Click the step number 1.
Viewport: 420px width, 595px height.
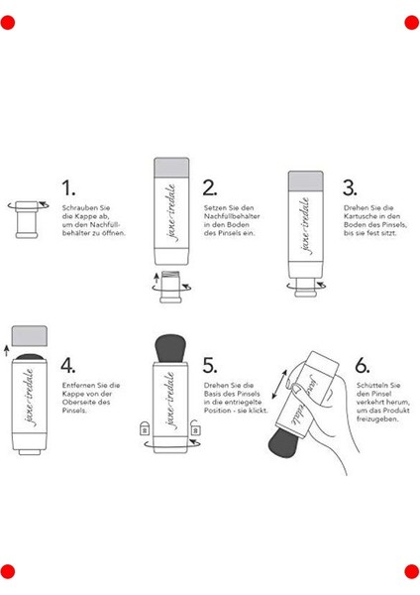tap(68, 188)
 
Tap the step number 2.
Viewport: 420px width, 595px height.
tap(210, 187)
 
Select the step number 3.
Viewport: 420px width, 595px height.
tap(350, 187)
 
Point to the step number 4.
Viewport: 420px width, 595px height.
tap(67, 365)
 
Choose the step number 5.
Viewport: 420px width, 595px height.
tap(210, 365)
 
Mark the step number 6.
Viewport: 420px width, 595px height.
tap(363, 365)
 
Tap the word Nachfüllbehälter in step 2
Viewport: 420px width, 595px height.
tap(232, 216)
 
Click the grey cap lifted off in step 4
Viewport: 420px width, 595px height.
tap(30, 336)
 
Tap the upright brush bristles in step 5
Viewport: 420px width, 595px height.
tap(170, 348)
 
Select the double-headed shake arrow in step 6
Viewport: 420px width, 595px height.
tap(279, 384)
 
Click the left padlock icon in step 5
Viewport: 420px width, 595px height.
tap(144, 428)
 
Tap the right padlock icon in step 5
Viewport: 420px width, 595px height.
tap(195, 427)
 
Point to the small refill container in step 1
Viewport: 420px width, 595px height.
tap(27, 220)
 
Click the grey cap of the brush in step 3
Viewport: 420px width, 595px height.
tap(305, 181)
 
